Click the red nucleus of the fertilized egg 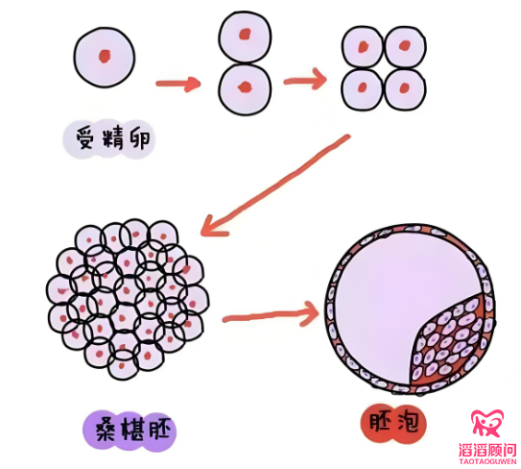click(105, 57)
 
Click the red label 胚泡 click(393, 423)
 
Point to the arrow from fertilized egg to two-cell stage click(178, 84)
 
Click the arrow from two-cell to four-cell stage click(305, 80)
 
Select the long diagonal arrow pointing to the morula click(275, 185)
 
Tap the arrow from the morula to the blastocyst click(271, 315)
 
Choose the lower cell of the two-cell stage click(245, 88)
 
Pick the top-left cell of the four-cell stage click(363, 48)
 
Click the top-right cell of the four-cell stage click(405, 48)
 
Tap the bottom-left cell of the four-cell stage click(363, 89)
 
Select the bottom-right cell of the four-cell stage click(405, 89)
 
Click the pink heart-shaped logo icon click(487, 423)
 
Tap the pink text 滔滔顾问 click(487, 450)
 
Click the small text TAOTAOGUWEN click(487, 462)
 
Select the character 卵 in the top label click(140, 139)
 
